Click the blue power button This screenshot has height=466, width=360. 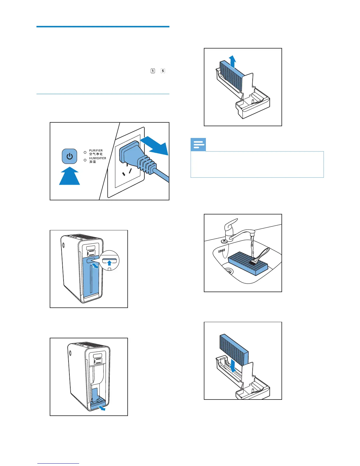69,156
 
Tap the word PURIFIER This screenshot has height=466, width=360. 96,151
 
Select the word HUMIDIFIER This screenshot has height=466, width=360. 98,158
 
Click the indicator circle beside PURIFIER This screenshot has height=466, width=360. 85,153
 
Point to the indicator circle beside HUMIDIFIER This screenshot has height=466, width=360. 85,160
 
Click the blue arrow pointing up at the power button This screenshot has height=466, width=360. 69,177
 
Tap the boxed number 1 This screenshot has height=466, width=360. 153,71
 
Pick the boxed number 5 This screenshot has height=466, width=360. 163,71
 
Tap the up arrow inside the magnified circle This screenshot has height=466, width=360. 109,263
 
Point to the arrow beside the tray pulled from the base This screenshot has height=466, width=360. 102,408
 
